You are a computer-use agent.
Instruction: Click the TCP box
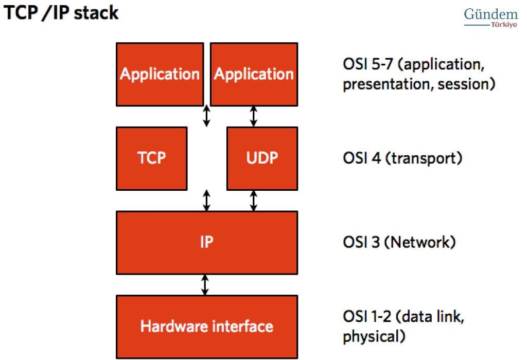pos(152,158)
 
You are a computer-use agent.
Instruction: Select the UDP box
pos(262,158)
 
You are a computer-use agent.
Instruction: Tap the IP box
pos(207,242)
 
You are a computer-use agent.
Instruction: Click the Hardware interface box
pos(207,327)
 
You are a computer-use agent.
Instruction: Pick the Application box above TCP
pos(160,74)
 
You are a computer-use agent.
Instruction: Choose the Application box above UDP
pos(254,74)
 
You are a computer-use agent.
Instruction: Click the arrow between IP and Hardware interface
pos(205,285)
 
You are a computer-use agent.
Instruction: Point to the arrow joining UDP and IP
pos(254,201)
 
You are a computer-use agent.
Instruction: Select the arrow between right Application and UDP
pos(254,117)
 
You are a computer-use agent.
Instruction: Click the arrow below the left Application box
pos(207,116)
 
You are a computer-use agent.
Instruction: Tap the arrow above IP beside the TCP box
pos(207,201)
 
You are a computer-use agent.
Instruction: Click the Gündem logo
pos(491,14)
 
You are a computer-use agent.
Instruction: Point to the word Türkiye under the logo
pos(504,25)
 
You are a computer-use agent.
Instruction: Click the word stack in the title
pos(96,13)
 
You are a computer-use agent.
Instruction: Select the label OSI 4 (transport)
pos(402,158)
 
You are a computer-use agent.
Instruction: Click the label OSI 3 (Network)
pos(399,242)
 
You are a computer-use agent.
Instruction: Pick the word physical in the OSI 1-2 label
pos(374,336)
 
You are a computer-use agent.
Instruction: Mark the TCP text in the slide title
pos(21,13)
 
